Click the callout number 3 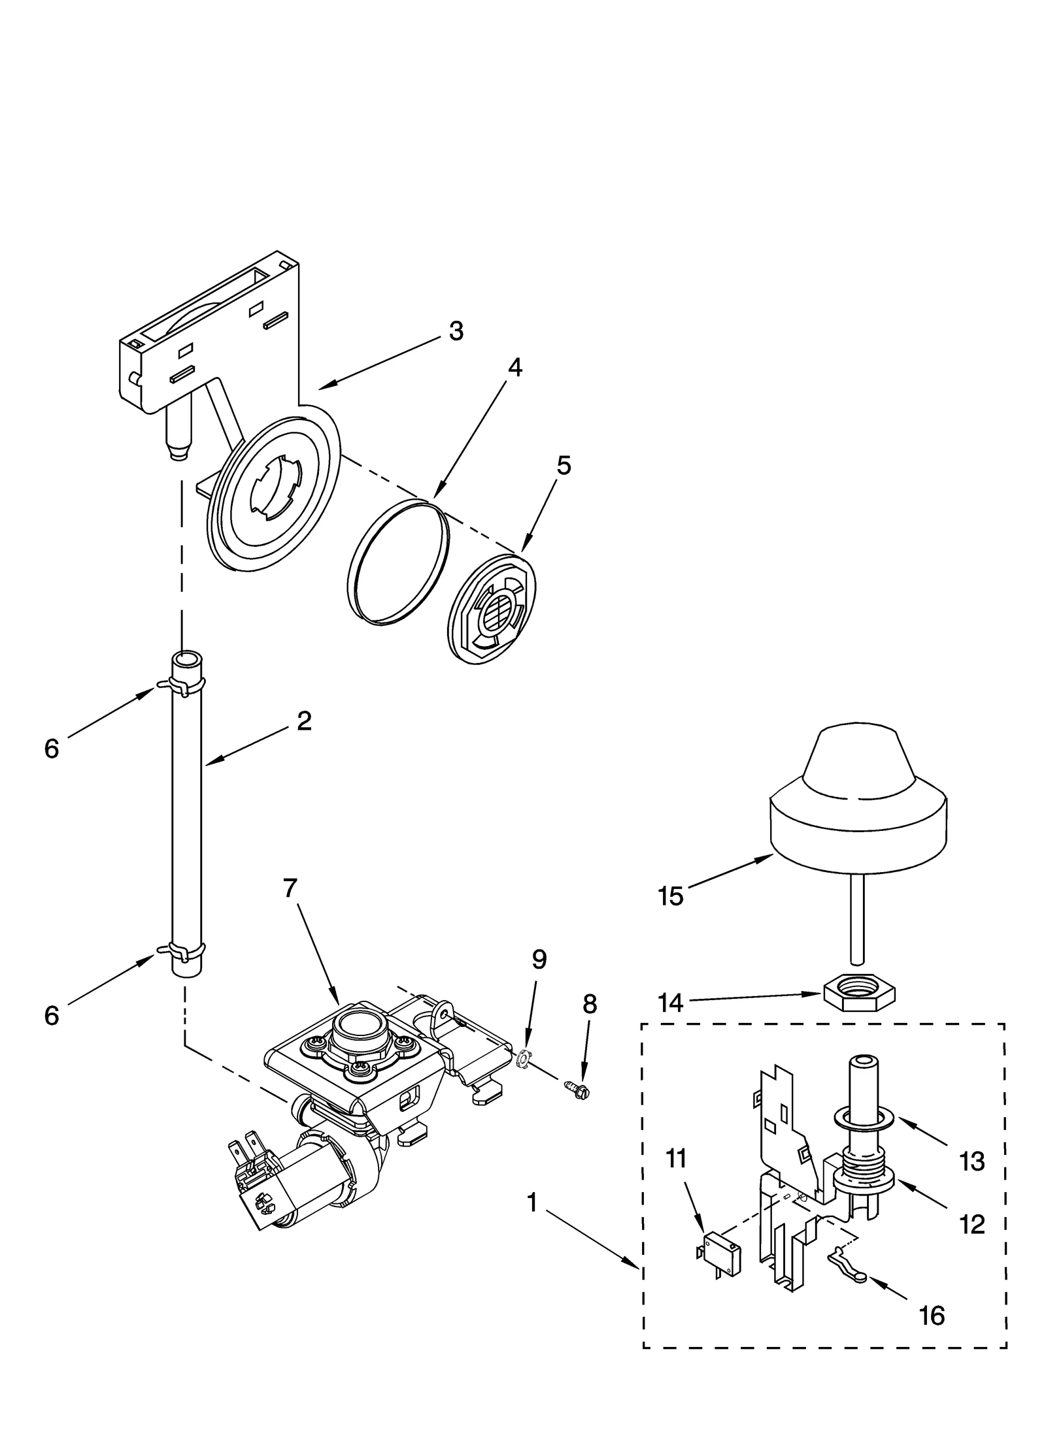tap(456, 331)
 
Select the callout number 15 tap(671, 896)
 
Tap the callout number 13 tap(972, 1161)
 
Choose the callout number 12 tap(972, 1224)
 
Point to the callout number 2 tap(303, 721)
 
